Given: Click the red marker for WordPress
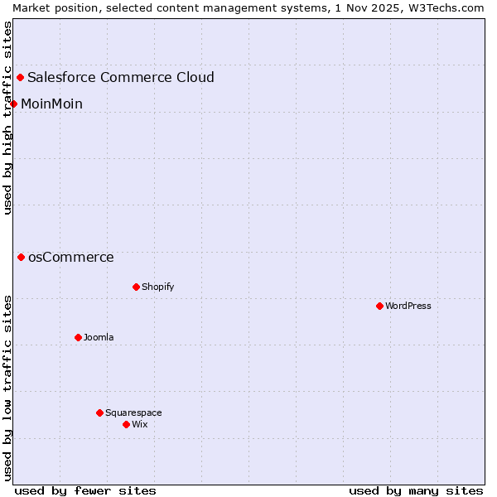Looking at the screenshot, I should pyautogui.click(x=379, y=306).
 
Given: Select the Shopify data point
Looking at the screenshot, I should pyautogui.click(x=136, y=287).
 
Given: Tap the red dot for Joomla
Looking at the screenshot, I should pyautogui.click(x=78, y=337).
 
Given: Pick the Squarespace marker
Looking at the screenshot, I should pyautogui.click(x=99, y=413).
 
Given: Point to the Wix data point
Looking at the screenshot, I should pyautogui.click(x=126, y=424).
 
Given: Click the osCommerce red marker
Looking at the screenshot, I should pyautogui.click(x=21, y=257).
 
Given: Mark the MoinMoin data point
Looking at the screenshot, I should pyautogui.click(x=14, y=104).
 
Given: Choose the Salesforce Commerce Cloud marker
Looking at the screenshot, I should pyautogui.click(x=21, y=77).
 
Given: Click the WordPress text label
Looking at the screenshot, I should pyautogui.click(x=408, y=306).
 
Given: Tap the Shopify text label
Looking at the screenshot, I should pyautogui.click(x=157, y=287).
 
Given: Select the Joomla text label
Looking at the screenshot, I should pyautogui.click(x=99, y=337).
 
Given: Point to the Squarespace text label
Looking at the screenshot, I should pyautogui.click(x=133, y=413).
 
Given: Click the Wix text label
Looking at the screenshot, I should pyautogui.click(x=140, y=424).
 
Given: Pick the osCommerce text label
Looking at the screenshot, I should pyautogui.click(x=71, y=257).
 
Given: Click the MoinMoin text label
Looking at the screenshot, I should pyautogui.click(x=51, y=104).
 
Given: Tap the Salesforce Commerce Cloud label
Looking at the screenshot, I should pyautogui.click(x=121, y=77).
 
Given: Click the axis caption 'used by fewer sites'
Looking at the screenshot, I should pyautogui.click(x=85, y=490).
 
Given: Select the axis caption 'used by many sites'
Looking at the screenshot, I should pyautogui.click(x=416, y=490).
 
